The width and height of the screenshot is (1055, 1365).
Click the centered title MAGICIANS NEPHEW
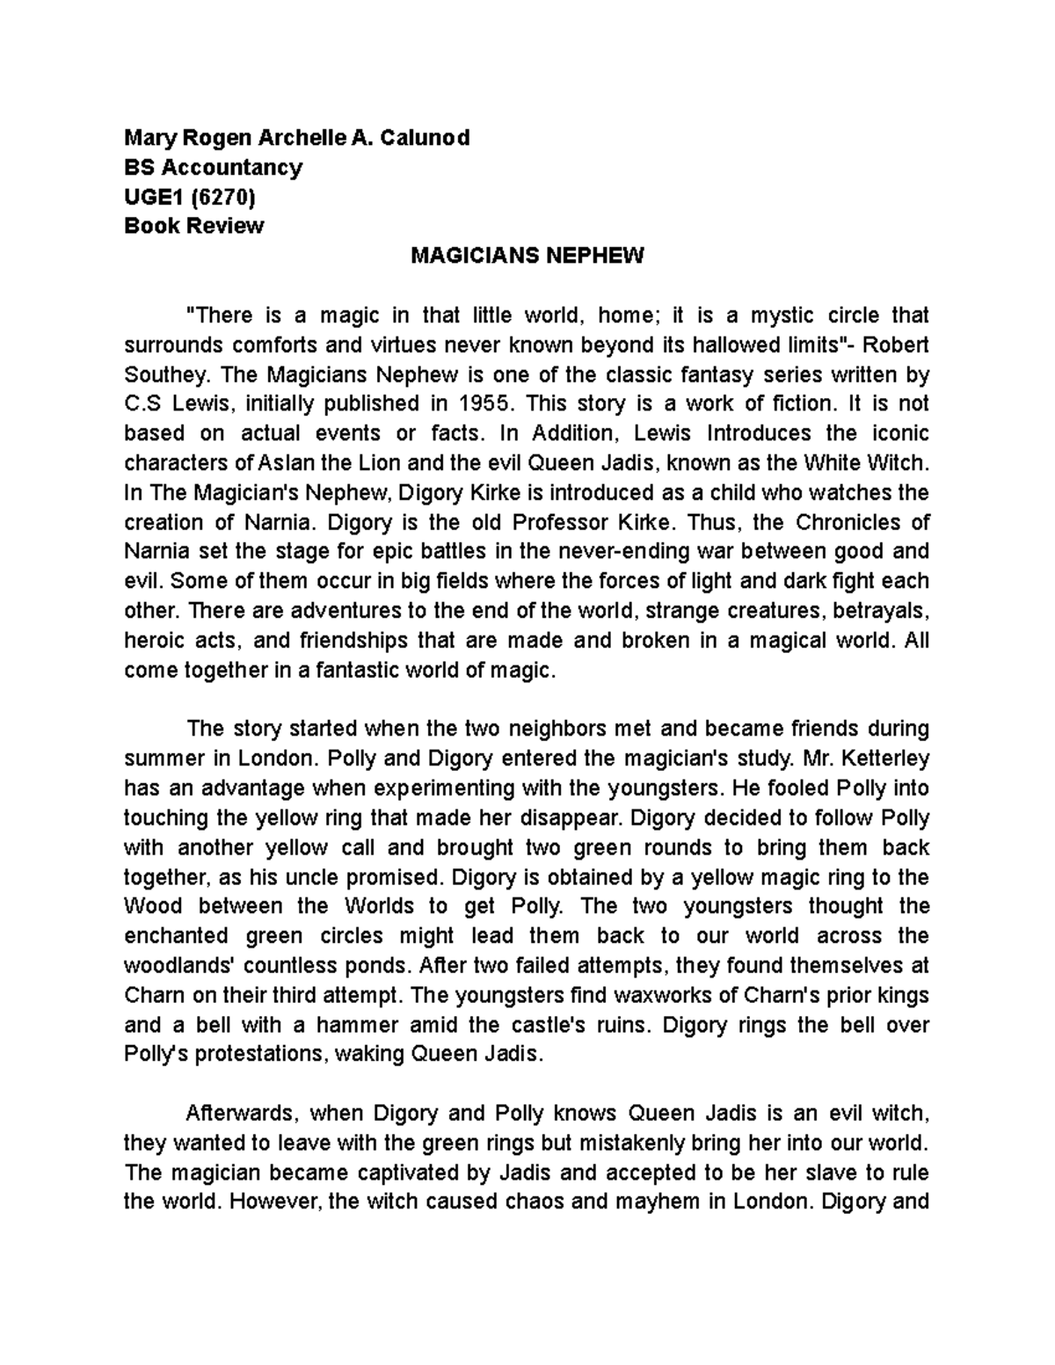[x=527, y=256]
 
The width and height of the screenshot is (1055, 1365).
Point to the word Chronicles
[x=848, y=523]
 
